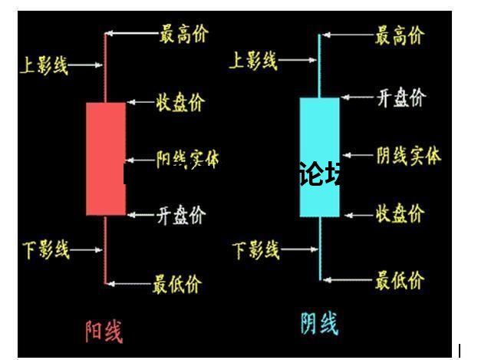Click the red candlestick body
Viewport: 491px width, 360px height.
106,158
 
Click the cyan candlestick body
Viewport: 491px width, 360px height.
319,156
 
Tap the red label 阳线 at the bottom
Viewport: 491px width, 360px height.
103,330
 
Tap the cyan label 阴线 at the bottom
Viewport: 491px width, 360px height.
318,323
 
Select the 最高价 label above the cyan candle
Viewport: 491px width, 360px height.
398,35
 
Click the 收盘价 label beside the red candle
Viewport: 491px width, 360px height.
180,102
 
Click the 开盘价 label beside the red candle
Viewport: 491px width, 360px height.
181,216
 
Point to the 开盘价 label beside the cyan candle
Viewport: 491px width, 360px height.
400,97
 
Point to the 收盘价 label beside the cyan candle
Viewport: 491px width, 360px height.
399,214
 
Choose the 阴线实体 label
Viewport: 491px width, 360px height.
408,156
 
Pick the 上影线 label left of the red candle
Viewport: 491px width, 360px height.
44,65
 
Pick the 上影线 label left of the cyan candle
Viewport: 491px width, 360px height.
254,61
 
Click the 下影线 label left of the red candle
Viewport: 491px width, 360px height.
45,249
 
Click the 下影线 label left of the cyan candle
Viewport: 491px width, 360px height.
255,249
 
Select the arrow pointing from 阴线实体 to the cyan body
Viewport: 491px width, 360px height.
357,156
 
